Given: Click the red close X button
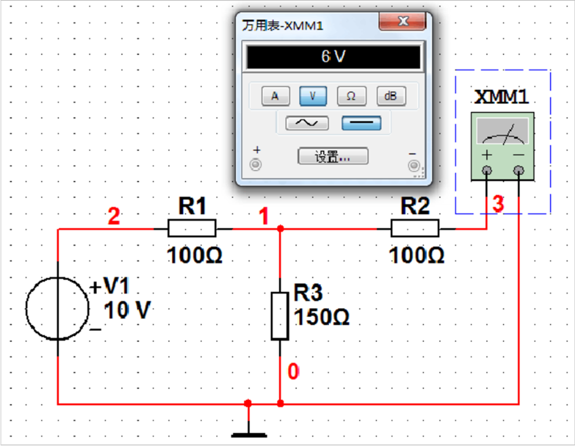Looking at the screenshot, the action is [402, 21].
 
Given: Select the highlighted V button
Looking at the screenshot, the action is [313, 96].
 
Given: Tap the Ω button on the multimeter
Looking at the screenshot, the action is [351, 96].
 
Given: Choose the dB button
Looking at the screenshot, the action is [391, 96].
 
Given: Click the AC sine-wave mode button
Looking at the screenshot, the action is [307, 123].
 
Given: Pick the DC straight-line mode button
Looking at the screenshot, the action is [361, 123].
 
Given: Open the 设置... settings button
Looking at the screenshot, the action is [333, 156].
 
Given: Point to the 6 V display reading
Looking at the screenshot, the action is [334, 56].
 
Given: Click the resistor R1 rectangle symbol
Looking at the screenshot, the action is [192, 228].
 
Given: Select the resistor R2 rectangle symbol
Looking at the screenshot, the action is [415, 228].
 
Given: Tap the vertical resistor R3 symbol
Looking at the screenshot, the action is [280, 316].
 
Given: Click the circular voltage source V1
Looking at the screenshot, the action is [58, 309].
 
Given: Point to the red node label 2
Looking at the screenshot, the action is [114, 216].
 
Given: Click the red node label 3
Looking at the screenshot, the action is [498, 204].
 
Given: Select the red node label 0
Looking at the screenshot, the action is [293, 372].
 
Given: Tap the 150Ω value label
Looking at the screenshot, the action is [322, 317].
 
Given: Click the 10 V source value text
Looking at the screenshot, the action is [127, 310].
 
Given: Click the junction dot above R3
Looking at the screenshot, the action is [280, 228].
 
